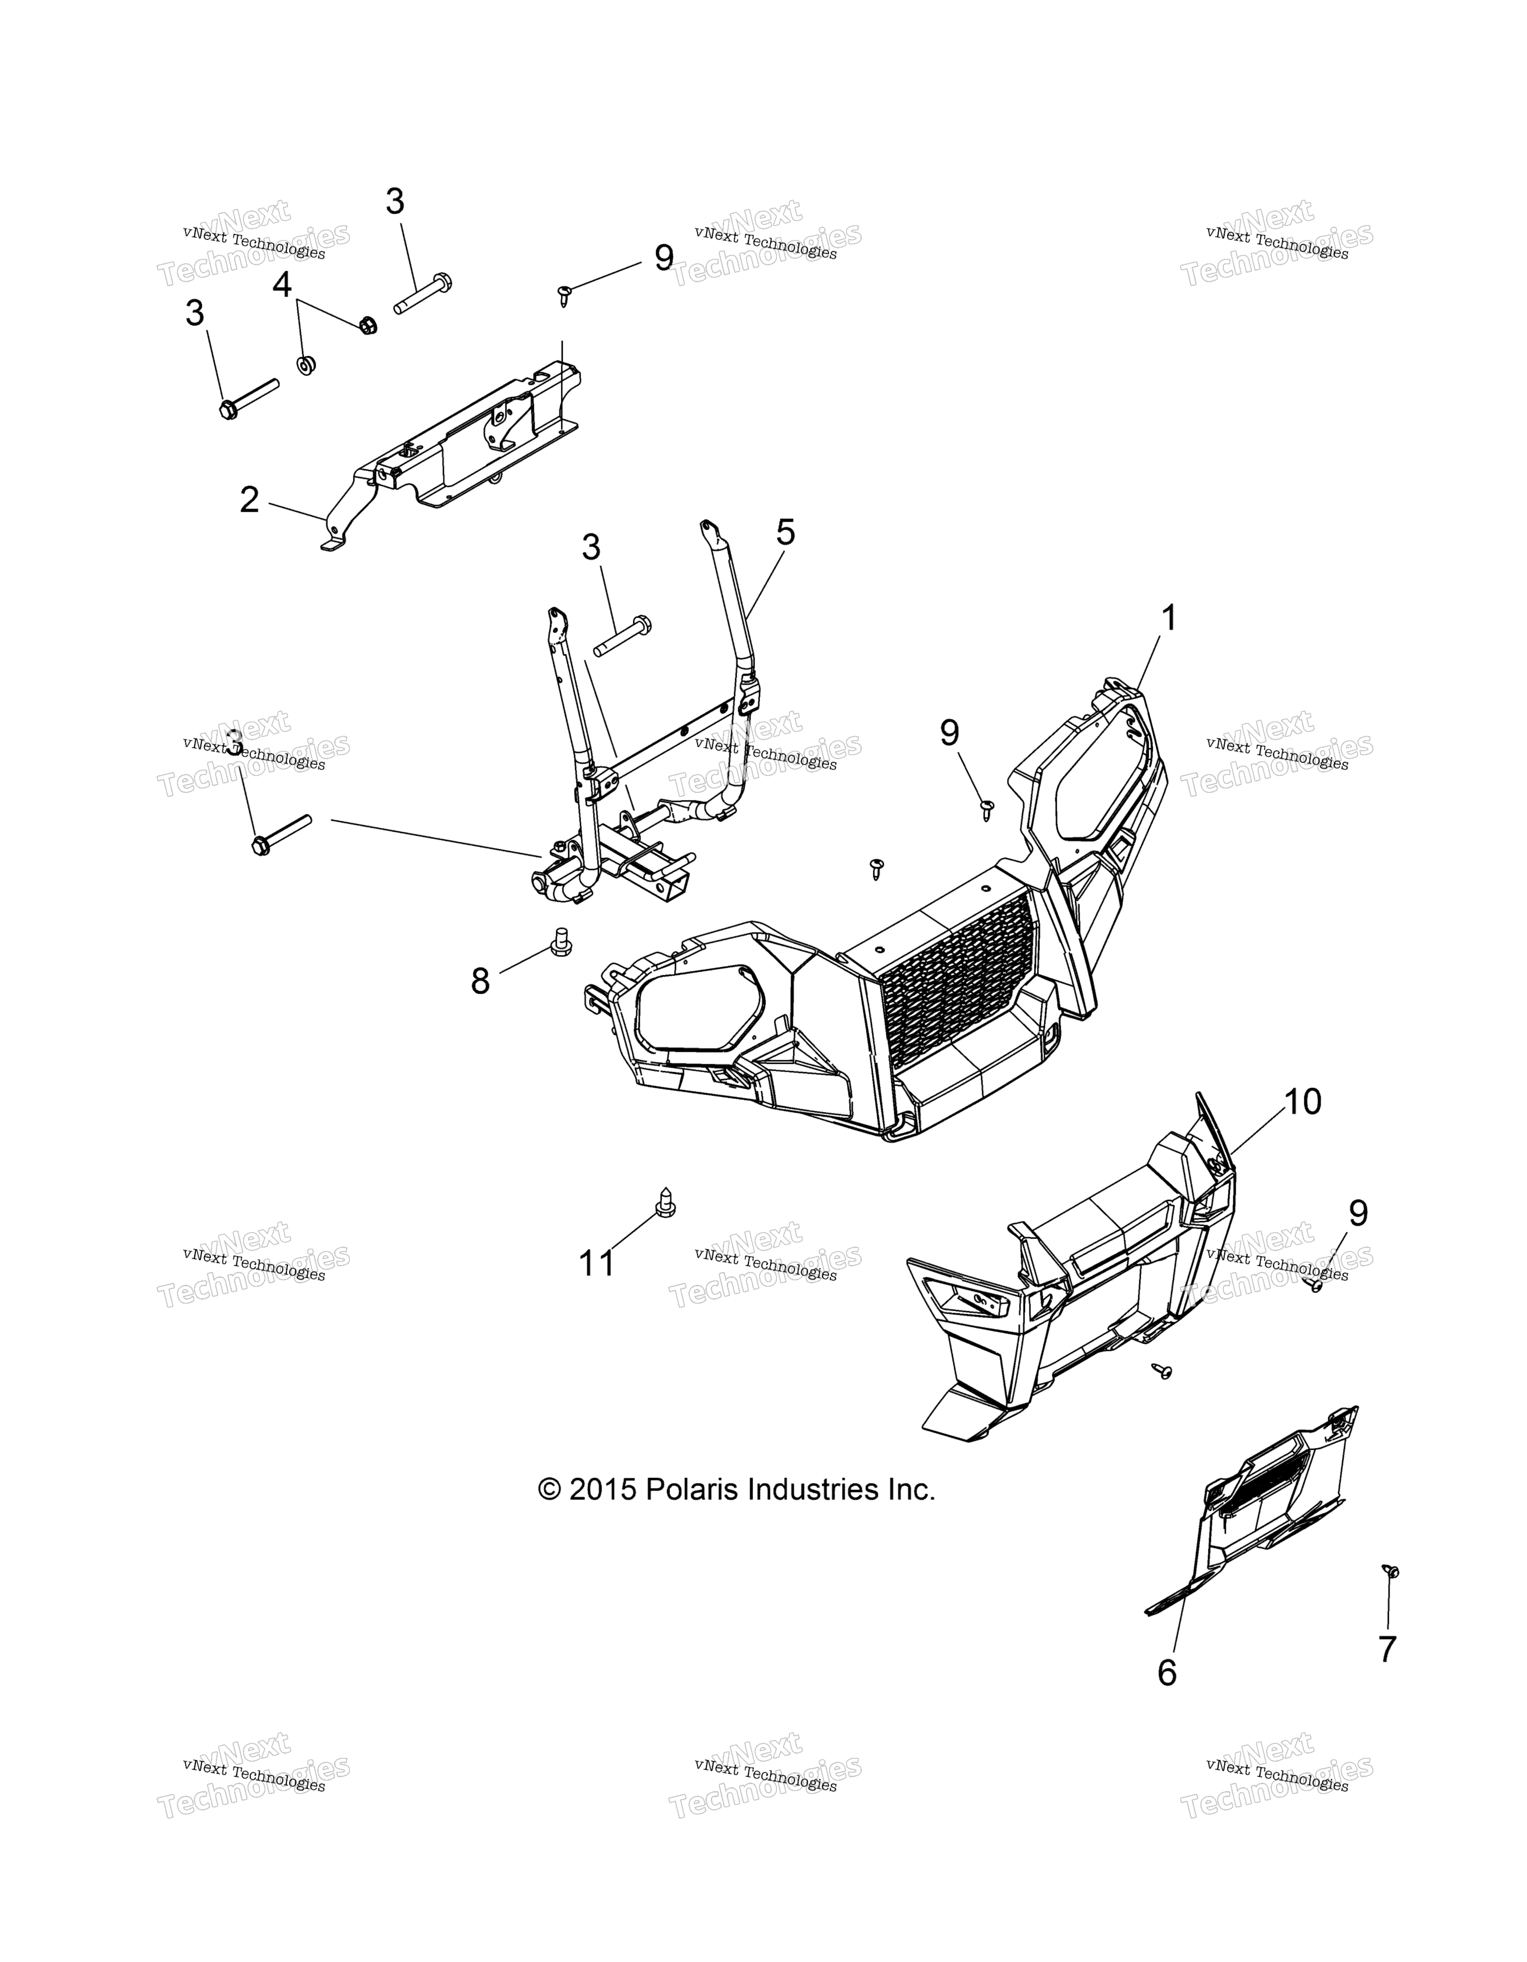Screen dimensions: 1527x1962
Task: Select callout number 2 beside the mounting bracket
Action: coord(249,499)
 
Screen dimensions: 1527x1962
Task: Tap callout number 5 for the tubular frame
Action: coord(785,533)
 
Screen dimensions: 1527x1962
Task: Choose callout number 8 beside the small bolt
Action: coord(481,981)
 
